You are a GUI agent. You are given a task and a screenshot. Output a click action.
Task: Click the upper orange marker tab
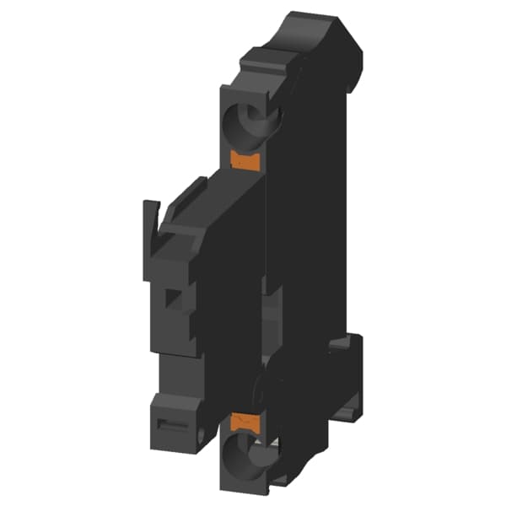tap(246, 159)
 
